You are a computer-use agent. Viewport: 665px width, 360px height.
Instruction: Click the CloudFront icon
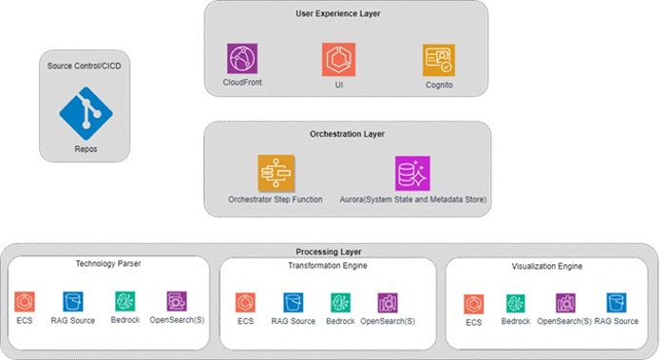[x=243, y=59]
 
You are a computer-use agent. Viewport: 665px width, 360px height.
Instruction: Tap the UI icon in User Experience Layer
[x=338, y=59]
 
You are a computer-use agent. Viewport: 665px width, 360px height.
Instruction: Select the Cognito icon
[x=438, y=59]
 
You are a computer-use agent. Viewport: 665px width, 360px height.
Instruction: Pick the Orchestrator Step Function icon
[x=275, y=174]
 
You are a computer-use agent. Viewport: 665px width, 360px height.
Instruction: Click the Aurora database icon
[x=412, y=174]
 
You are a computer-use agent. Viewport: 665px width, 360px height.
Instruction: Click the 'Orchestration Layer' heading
[x=347, y=134]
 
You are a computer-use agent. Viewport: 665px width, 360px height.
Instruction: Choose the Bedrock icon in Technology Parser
[x=124, y=302]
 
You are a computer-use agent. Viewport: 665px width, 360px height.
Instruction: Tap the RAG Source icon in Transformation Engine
[x=293, y=303]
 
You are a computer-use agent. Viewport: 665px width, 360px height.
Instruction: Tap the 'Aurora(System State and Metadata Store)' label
[x=411, y=199]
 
